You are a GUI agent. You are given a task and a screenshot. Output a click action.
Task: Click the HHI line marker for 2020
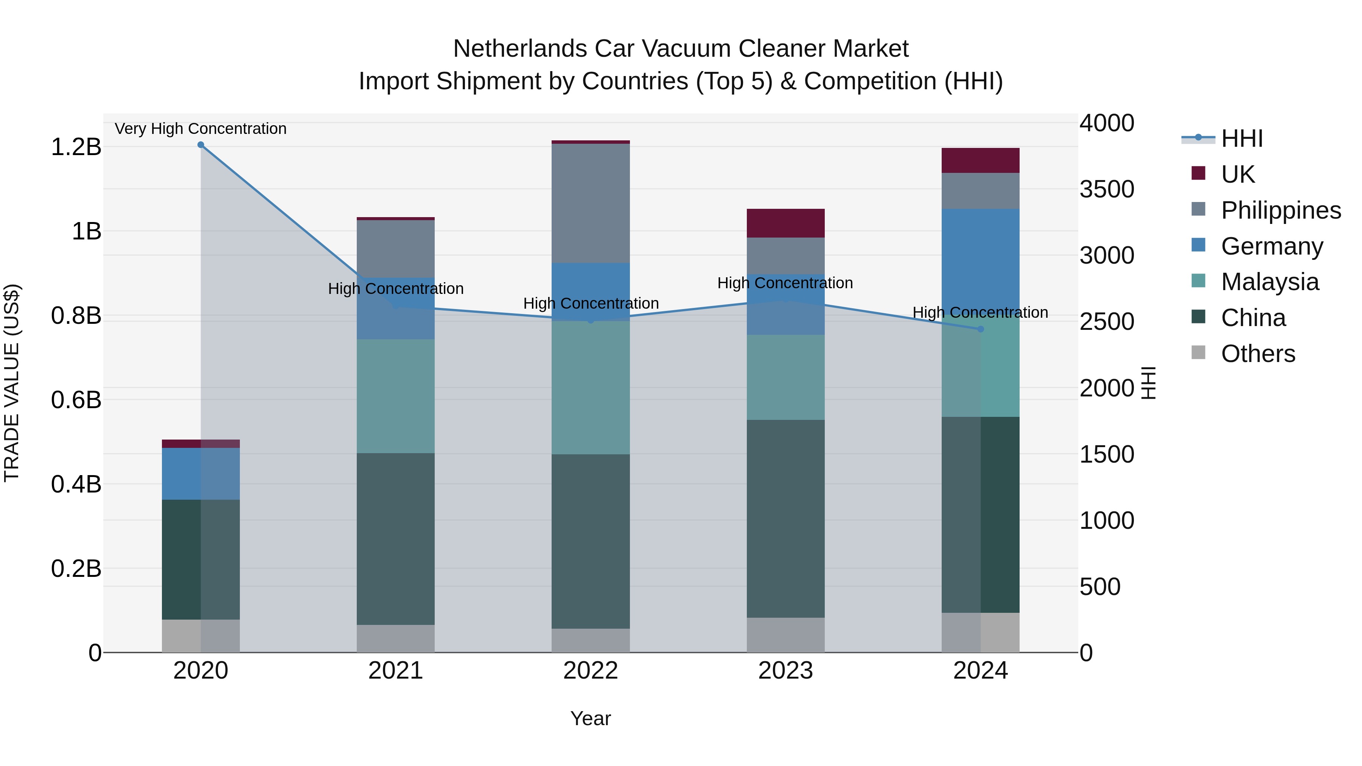click(201, 145)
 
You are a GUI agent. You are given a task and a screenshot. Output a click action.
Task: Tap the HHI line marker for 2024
click(980, 329)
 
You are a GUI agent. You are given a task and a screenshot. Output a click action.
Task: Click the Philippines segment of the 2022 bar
click(591, 203)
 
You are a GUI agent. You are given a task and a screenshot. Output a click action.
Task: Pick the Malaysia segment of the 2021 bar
click(395, 396)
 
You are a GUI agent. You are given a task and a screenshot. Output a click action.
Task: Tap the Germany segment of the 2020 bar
click(201, 474)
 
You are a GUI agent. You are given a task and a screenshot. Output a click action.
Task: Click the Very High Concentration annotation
click(201, 129)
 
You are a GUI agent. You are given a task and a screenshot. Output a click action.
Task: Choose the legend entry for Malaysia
click(1269, 282)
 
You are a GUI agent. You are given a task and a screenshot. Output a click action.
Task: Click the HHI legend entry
click(1241, 138)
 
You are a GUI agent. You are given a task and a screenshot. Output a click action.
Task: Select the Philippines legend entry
click(1280, 210)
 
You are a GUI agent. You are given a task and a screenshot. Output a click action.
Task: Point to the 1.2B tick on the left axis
click(76, 147)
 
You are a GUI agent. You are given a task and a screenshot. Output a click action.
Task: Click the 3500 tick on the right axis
click(1107, 189)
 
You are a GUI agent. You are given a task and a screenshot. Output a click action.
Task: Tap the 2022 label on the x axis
click(591, 671)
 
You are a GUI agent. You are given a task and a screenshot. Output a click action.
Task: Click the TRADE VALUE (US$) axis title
click(12, 383)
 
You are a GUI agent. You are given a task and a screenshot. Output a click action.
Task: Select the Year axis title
click(591, 718)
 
